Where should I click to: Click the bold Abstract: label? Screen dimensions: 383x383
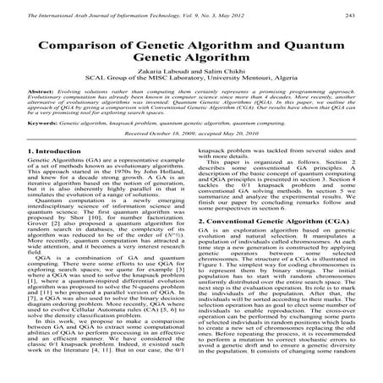(43, 112)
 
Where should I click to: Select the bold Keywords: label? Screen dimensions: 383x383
(47, 146)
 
